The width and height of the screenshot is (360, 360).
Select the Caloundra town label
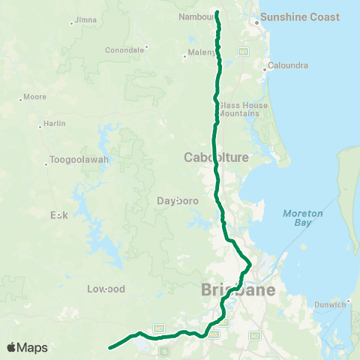[288, 65]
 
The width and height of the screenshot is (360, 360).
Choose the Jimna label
[86, 19]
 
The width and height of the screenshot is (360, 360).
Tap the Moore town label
[35, 97]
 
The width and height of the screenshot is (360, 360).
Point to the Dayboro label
[176, 200]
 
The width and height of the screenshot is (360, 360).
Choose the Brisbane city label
[237, 290]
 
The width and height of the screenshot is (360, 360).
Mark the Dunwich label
[330, 304]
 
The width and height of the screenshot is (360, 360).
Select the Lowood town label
[105, 289]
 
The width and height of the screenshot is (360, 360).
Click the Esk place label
[59, 215]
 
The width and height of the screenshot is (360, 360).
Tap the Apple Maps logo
[27, 348]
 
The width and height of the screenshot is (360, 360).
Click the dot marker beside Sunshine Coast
[256, 22]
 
